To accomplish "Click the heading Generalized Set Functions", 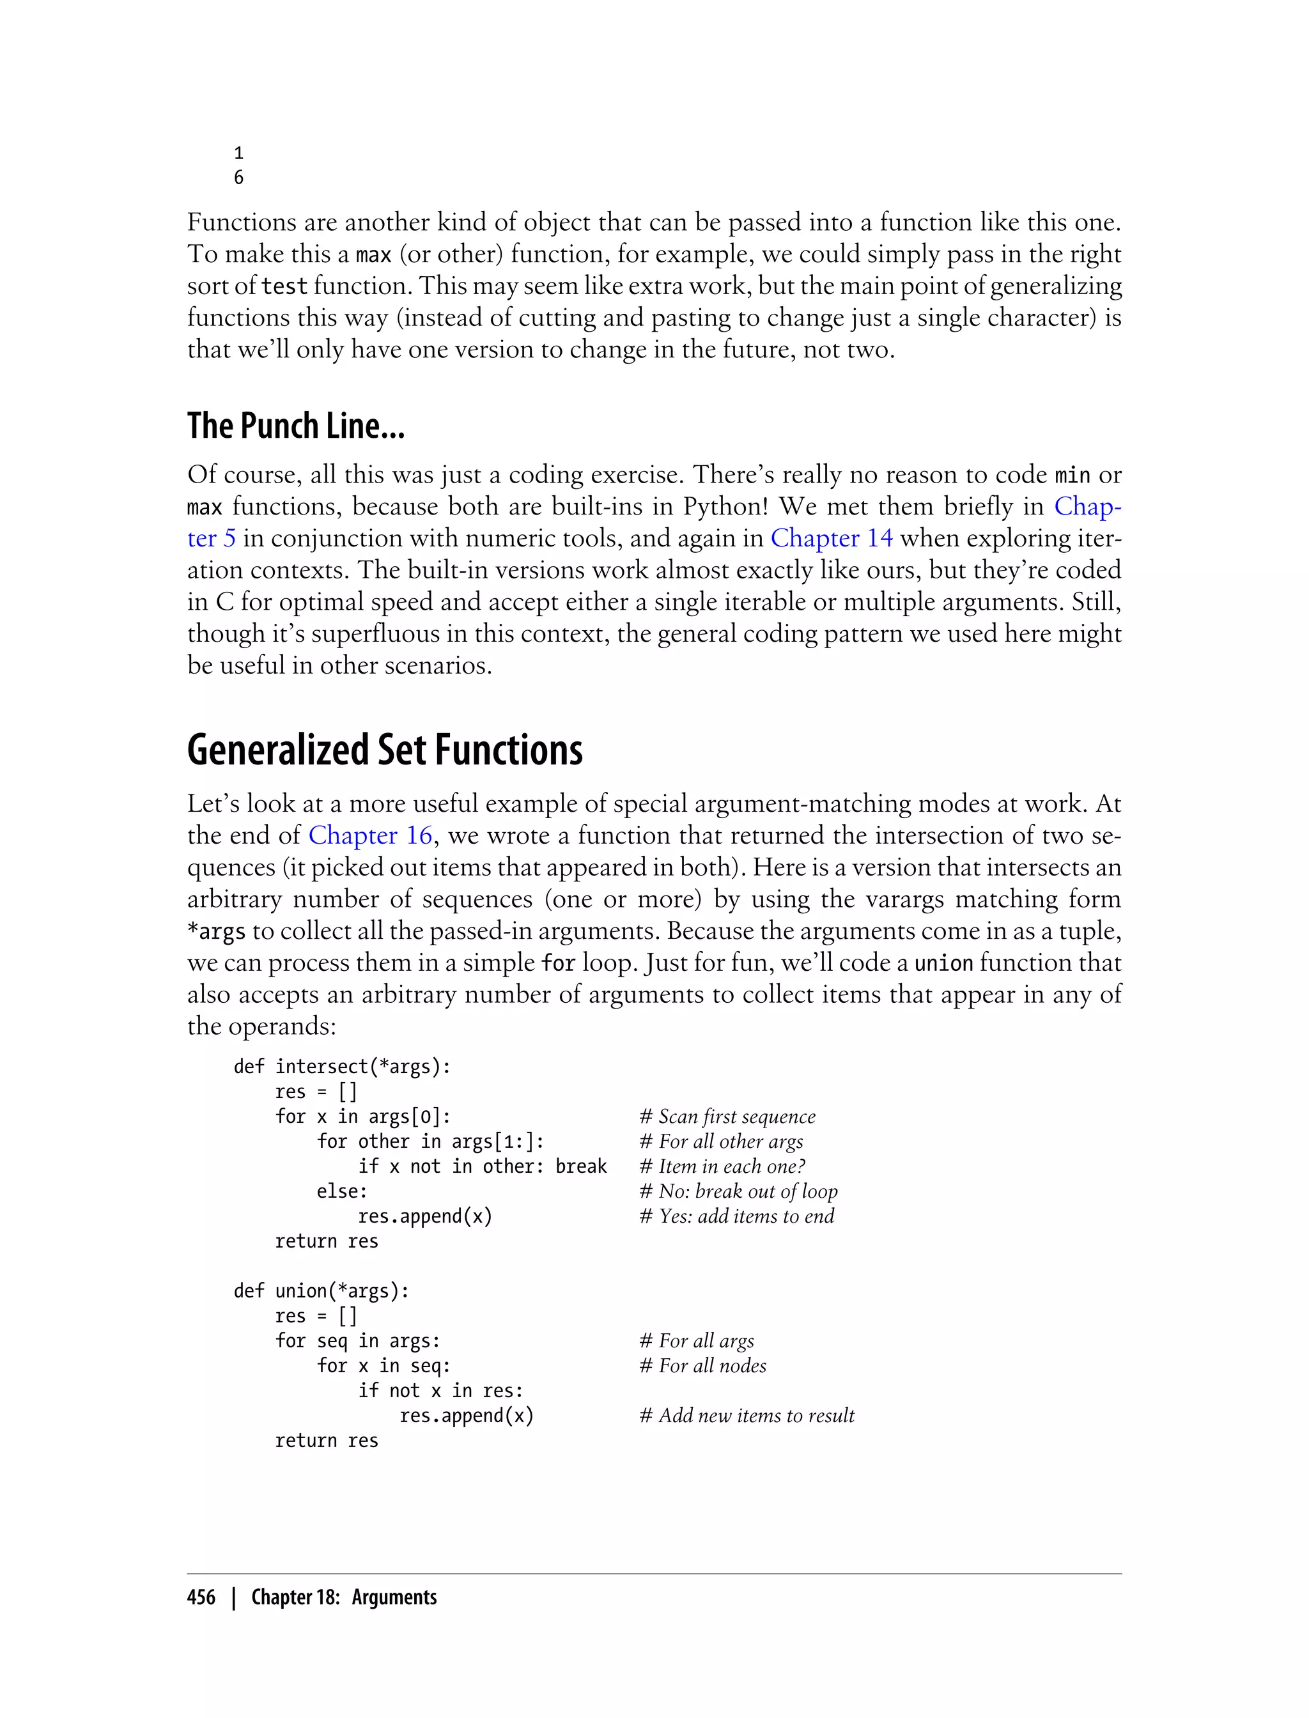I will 384,750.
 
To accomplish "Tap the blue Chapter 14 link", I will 832,538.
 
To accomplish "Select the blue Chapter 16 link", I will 370,835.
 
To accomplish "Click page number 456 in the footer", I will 201,1597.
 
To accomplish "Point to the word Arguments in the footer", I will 394,1597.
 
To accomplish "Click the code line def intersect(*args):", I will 342,1067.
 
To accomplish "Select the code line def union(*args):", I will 321,1291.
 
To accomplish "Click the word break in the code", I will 580,1166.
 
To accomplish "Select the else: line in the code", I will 341,1191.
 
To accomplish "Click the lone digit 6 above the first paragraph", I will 238,178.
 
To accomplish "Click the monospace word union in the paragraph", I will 943,964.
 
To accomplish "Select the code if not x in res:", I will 440,1391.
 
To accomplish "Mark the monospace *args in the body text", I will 217,932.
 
